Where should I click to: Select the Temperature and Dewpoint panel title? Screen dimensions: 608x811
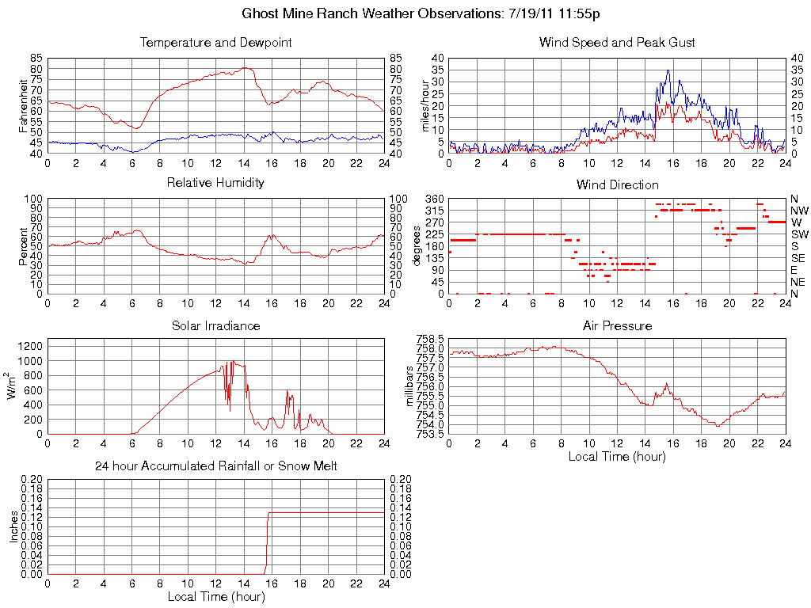pyautogui.click(x=215, y=43)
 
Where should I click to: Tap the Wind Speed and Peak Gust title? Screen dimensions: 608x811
pyautogui.click(x=617, y=43)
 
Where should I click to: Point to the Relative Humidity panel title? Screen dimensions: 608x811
pyautogui.click(x=215, y=183)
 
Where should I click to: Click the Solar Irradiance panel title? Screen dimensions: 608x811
pyautogui.click(x=215, y=325)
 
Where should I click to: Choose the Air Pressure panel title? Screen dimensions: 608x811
pyautogui.click(x=617, y=325)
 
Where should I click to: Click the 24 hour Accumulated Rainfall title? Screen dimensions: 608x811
pyautogui.click(x=215, y=466)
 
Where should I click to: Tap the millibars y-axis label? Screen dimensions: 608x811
pyautogui.click(x=409, y=386)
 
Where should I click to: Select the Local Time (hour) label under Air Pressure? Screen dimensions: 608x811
pyautogui.click(x=617, y=456)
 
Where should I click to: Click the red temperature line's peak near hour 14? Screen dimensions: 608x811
pyautogui.click(x=246, y=67)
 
